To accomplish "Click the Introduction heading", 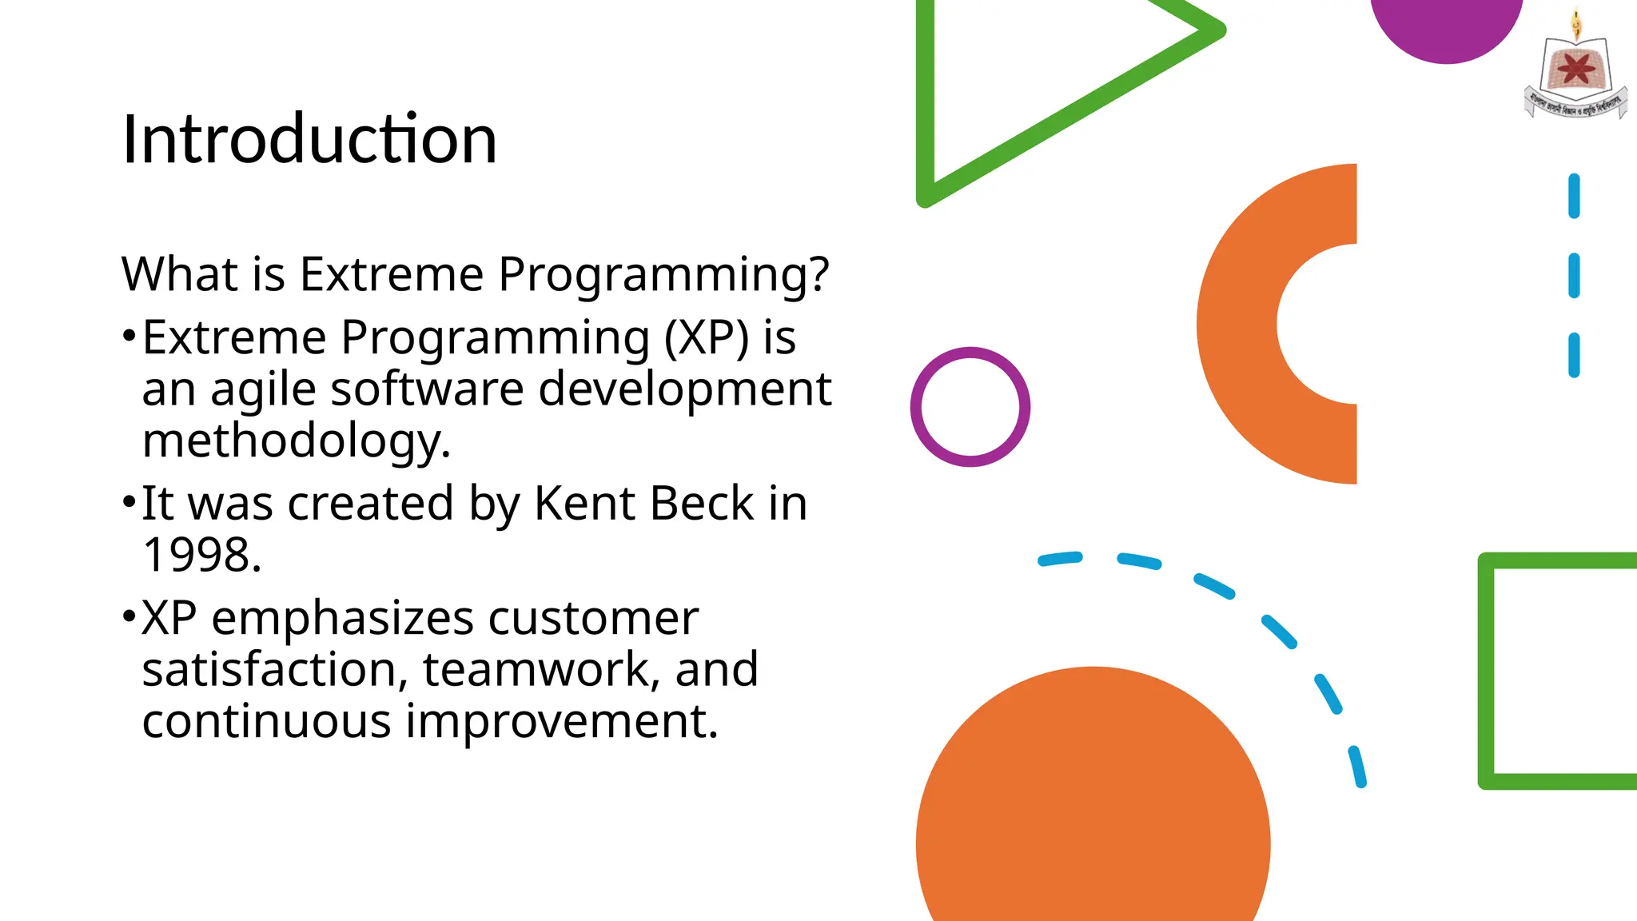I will [x=309, y=140].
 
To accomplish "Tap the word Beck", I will [x=701, y=504].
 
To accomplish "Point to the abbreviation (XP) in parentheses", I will [x=707, y=337].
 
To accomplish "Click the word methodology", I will [x=296, y=441].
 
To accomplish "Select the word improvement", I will [x=562, y=720].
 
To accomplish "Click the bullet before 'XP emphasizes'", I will [x=129, y=617].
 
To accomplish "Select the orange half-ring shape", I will [x=1237, y=324].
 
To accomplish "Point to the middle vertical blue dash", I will [x=1574, y=276].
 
